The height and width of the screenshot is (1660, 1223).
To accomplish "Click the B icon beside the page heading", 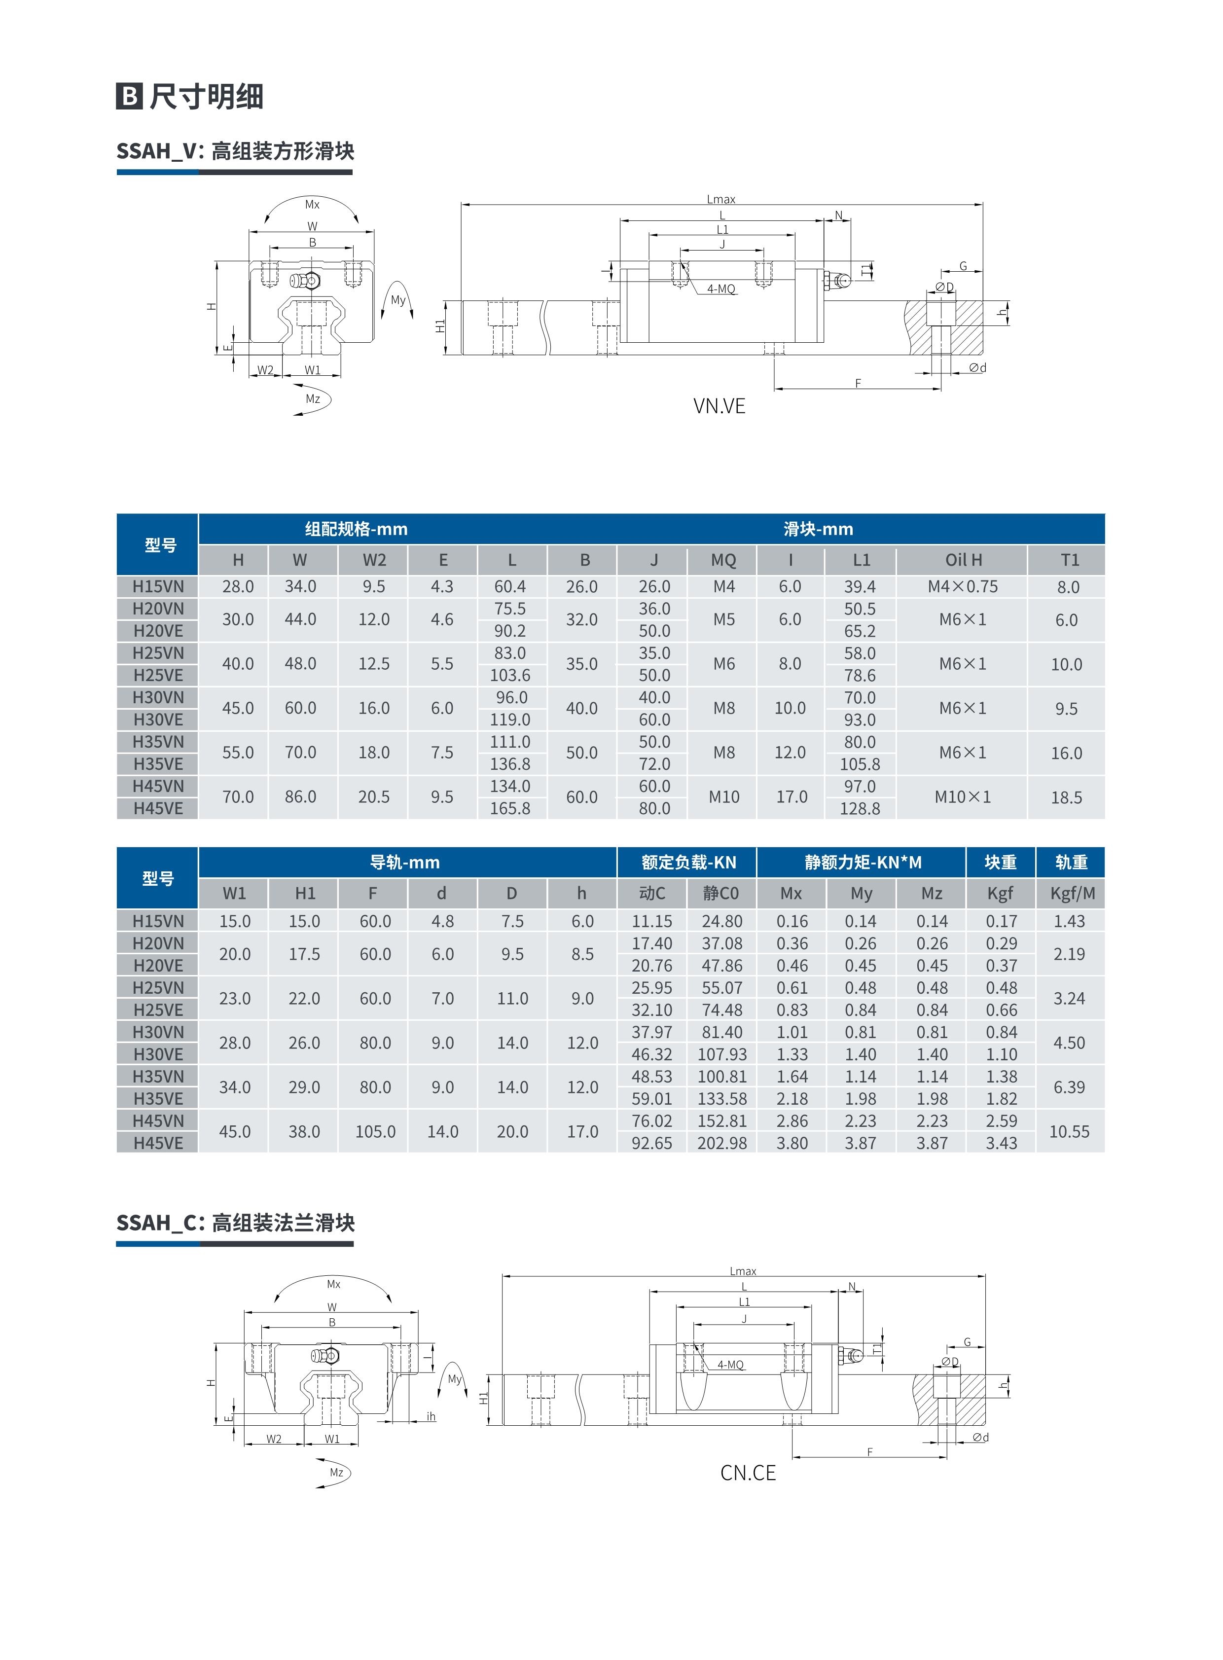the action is (x=130, y=96).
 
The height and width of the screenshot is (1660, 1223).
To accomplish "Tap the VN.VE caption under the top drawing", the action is (x=719, y=406).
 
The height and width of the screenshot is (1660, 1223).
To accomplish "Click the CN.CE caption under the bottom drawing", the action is (x=748, y=1473).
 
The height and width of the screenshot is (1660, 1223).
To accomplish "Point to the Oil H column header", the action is (x=963, y=560).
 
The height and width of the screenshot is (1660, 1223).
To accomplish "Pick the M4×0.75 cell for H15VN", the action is (x=963, y=586).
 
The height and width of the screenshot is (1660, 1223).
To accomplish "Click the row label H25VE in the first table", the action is (x=158, y=675).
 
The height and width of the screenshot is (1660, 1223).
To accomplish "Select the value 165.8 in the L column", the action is (x=510, y=808).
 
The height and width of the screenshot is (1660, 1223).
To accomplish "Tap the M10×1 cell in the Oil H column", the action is (x=963, y=796).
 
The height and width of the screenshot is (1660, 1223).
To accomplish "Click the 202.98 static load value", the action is (x=722, y=1143).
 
